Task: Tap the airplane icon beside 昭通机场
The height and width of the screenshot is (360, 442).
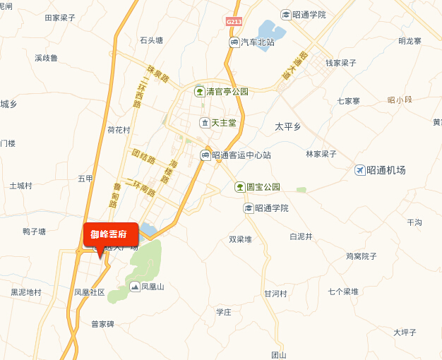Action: [360, 170]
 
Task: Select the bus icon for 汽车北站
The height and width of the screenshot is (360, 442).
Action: [234, 42]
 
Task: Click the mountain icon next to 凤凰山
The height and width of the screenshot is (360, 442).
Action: [134, 287]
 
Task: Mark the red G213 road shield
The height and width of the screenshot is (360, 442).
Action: [234, 22]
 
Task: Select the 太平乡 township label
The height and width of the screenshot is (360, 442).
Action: [287, 126]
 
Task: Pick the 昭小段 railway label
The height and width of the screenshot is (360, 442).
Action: [400, 100]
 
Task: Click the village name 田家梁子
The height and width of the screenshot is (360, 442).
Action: [60, 18]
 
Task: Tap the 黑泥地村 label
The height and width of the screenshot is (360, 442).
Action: [26, 292]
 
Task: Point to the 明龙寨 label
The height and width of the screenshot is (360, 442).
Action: [410, 41]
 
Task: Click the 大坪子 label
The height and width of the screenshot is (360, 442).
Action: [405, 332]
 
